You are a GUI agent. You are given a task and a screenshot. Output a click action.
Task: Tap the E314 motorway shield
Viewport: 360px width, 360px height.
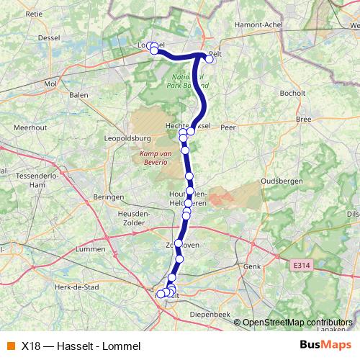tap(302, 266)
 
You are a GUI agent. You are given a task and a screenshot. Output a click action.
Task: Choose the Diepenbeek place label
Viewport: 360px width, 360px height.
tap(210, 315)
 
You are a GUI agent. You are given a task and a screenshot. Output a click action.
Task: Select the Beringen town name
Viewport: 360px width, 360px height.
tap(110, 197)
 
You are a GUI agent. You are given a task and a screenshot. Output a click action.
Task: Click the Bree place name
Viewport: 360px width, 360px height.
tap(304, 118)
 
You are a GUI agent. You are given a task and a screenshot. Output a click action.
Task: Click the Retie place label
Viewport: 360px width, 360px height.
tap(35, 13)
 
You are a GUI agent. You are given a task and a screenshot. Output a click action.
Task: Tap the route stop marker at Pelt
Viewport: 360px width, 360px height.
tap(209, 60)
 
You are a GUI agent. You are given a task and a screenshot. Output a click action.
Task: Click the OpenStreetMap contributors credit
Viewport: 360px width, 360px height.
tap(297, 323)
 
